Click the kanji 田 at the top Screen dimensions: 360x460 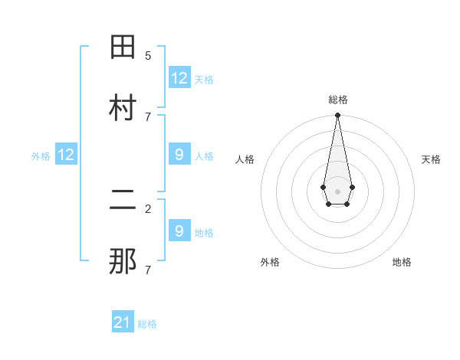pos(123,47)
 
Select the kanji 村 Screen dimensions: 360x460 pos(123,109)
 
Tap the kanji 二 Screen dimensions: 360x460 pos(123,201)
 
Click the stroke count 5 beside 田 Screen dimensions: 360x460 pos(148,55)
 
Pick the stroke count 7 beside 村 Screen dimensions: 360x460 pos(148,116)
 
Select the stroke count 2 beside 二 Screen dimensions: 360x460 pos(148,208)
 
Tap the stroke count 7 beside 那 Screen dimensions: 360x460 pos(148,270)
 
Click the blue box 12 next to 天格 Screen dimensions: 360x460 pos(179,78)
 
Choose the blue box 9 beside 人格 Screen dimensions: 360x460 pos(179,155)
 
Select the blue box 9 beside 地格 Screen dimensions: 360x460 pos(179,231)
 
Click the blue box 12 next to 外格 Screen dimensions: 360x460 pos(66,155)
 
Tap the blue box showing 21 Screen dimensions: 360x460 pos(123,322)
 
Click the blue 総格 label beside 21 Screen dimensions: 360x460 pos(147,324)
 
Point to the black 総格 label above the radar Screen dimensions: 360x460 pos(337,100)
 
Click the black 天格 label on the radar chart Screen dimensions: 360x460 pos(431,159)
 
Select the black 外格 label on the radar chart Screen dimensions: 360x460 pos(270,262)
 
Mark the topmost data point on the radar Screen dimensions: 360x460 pos(337,116)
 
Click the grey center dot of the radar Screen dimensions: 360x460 pos(337,190)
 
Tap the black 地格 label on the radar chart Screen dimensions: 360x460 pos(402,262)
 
